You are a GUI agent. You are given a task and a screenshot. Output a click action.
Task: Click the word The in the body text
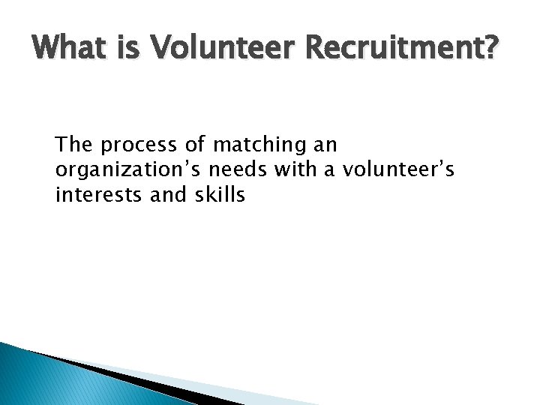tap(74, 143)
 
